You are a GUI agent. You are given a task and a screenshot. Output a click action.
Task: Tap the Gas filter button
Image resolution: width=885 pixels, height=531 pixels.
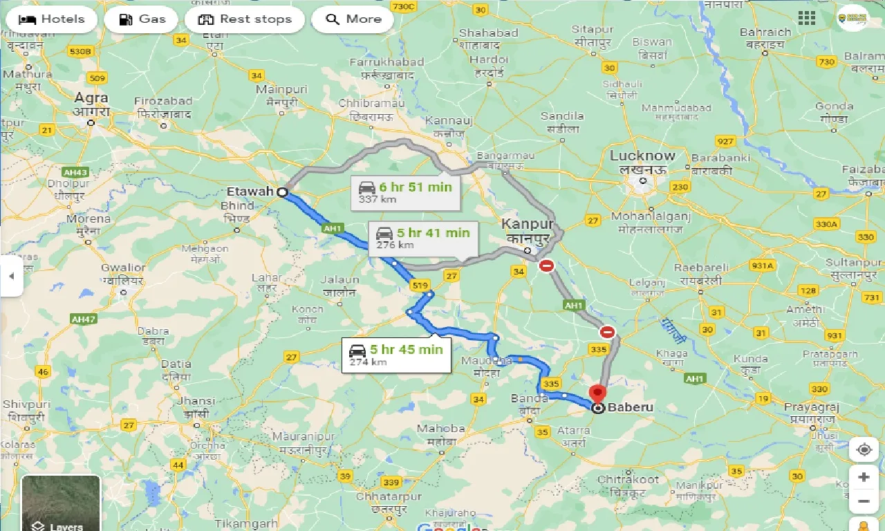pyautogui.click(x=142, y=19)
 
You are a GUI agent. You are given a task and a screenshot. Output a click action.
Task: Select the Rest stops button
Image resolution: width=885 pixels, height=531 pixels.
pyautogui.click(x=245, y=19)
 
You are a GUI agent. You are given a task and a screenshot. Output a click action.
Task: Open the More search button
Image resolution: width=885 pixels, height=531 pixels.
pyautogui.click(x=353, y=19)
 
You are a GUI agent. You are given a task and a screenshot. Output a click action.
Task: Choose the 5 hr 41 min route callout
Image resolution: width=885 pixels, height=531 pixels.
pyautogui.click(x=422, y=239)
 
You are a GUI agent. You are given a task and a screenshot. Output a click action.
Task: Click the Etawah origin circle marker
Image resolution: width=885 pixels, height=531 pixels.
pyautogui.click(x=282, y=192)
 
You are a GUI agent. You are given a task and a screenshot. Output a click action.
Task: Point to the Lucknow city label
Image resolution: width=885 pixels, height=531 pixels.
pyautogui.click(x=642, y=156)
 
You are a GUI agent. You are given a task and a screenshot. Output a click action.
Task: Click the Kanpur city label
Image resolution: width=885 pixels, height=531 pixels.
pyautogui.click(x=528, y=225)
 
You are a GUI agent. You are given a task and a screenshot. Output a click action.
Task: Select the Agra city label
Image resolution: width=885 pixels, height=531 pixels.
pyautogui.click(x=91, y=98)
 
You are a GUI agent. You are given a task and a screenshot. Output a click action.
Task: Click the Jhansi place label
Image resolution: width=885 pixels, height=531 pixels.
pyautogui.click(x=196, y=401)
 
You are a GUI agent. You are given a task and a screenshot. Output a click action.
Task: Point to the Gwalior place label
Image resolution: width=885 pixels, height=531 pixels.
pyautogui.click(x=124, y=268)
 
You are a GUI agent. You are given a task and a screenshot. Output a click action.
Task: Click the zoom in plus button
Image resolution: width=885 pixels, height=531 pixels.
pyautogui.click(x=864, y=477)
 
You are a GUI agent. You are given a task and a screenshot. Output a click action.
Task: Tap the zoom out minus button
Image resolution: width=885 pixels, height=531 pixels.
pyautogui.click(x=864, y=501)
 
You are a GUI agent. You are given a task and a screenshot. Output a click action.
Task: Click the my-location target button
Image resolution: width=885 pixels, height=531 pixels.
pyautogui.click(x=864, y=450)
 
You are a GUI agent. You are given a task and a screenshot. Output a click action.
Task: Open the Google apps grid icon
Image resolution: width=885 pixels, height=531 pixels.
pyautogui.click(x=806, y=19)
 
